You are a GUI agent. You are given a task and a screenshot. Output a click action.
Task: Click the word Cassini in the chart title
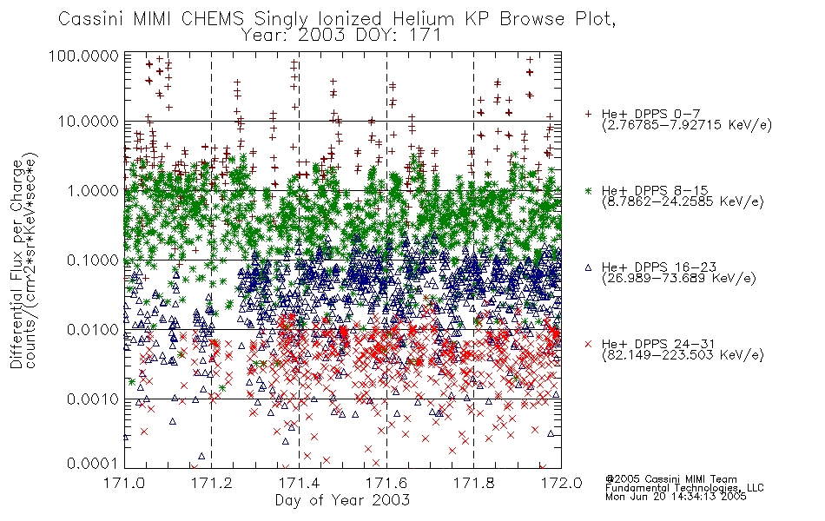[x=90, y=19]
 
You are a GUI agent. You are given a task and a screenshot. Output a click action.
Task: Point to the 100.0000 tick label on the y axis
[x=83, y=56]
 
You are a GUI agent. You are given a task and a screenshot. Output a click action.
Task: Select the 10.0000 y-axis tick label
[x=89, y=122]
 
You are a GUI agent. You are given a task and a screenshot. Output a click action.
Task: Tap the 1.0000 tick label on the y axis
[x=93, y=190]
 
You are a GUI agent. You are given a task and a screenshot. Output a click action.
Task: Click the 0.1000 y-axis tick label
[x=93, y=260]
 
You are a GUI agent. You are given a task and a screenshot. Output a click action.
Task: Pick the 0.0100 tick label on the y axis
[x=93, y=330]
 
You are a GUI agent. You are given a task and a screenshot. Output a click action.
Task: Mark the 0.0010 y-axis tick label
[x=93, y=399]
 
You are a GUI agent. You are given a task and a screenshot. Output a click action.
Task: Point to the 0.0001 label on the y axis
[x=93, y=464]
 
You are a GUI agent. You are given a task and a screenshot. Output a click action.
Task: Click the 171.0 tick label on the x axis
[x=124, y=483]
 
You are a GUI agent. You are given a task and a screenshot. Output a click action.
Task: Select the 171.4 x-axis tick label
[x=299, y=483]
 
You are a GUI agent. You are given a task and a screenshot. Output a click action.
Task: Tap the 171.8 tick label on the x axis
[x=473, y=483]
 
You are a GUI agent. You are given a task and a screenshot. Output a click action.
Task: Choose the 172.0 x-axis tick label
[x=561, y=483]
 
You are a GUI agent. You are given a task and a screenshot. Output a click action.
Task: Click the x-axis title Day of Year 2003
[x=342, y=500]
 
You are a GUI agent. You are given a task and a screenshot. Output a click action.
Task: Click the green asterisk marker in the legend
[x=588, y=190]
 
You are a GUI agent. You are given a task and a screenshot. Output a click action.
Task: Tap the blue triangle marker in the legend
[x=588, y=267]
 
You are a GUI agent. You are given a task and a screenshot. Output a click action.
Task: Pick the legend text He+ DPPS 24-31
[x=658, y=344]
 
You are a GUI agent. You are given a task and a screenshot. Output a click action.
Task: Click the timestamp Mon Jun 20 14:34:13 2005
[x=676, y=497]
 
